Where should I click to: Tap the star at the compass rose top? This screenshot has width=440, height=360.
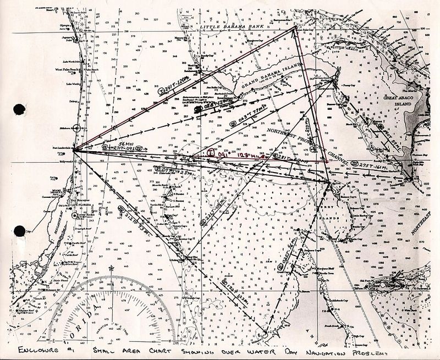coord(112,268)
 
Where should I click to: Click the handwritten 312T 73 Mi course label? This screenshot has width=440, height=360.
coord(136,219)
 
